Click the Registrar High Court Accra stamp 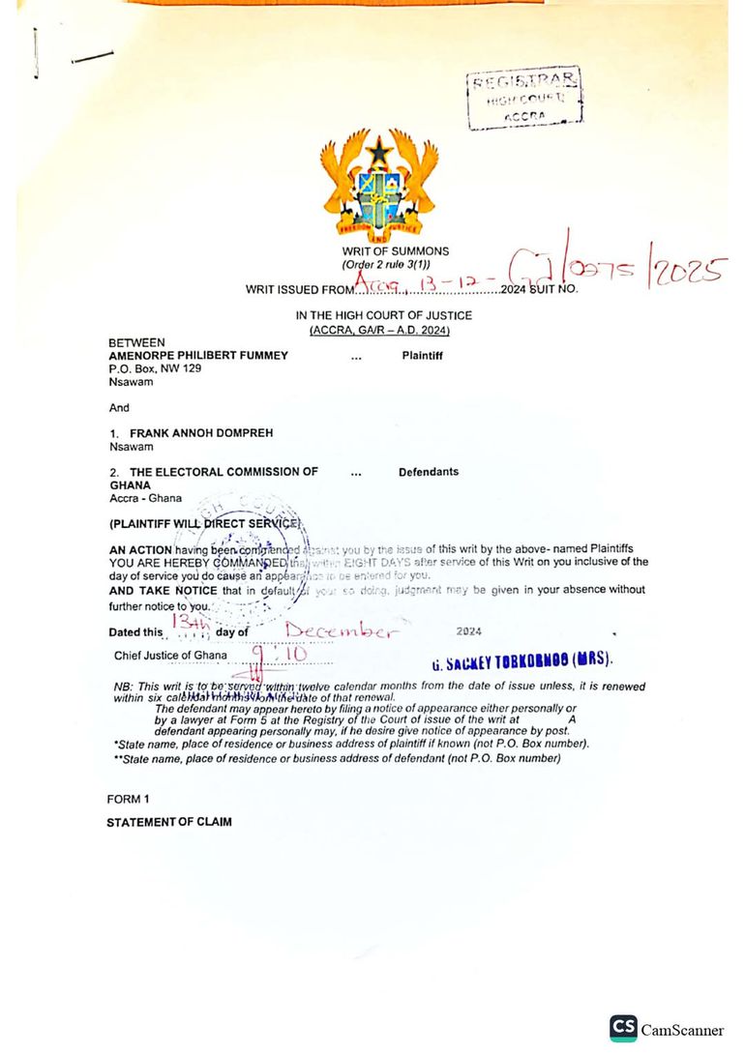(x=524, y=99)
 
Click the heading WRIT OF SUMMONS (x=395, y=251)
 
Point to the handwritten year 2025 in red (x=687, y=272)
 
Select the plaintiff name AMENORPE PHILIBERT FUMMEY (x=198, y=355)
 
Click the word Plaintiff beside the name (x=422, y=355)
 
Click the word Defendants (x=428, y=472)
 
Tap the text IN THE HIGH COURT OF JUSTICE (x=384, y=315)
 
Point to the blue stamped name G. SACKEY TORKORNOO (x=521, y=663)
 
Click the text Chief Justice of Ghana (x=170, y=655)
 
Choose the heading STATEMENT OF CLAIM (x=169, y=822)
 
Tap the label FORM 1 (x=128, y=799)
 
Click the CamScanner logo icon (x=623, y=1029)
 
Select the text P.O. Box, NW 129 (x=155, y=368)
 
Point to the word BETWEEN (x=136, y=342)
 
